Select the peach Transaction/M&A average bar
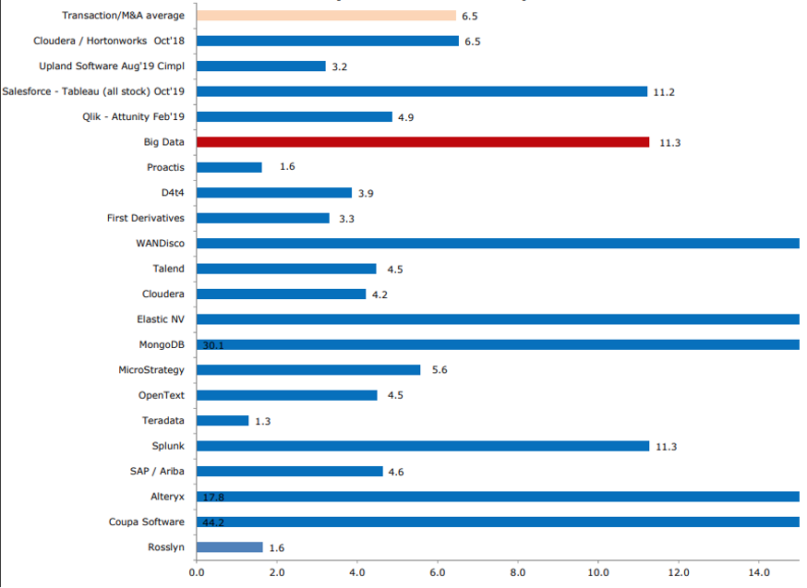pos(326,16)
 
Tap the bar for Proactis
pos(229,167)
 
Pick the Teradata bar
pos(223,420)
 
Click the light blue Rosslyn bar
pos(229,546)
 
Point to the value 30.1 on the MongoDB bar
pos(213,345)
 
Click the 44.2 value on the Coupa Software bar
pos(213,522)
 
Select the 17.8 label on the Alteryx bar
pos(213,497)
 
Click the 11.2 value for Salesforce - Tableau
pos(665,91)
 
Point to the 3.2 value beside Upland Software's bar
pos(341,66)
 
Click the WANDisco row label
pos(160,244)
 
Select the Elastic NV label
pos(161,319)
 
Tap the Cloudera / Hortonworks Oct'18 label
pos(109,42)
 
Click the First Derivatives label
pos(146,218)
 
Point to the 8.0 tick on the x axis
pos(518,572)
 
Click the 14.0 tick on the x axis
pos(759,572)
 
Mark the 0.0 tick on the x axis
pos(197,572)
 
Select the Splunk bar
pos(423,446)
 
